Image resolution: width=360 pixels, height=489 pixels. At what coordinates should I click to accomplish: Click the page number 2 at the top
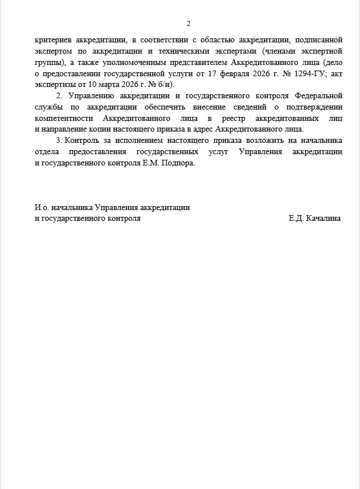pos(188,24)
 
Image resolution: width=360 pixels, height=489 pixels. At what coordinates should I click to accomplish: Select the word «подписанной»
pos(320,40)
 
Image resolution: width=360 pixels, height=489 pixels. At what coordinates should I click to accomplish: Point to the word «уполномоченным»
pos(136,60)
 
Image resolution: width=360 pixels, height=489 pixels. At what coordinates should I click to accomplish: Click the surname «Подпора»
pos(177,163)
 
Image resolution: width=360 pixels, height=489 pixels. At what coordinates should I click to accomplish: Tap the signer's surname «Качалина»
pos(323,217)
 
